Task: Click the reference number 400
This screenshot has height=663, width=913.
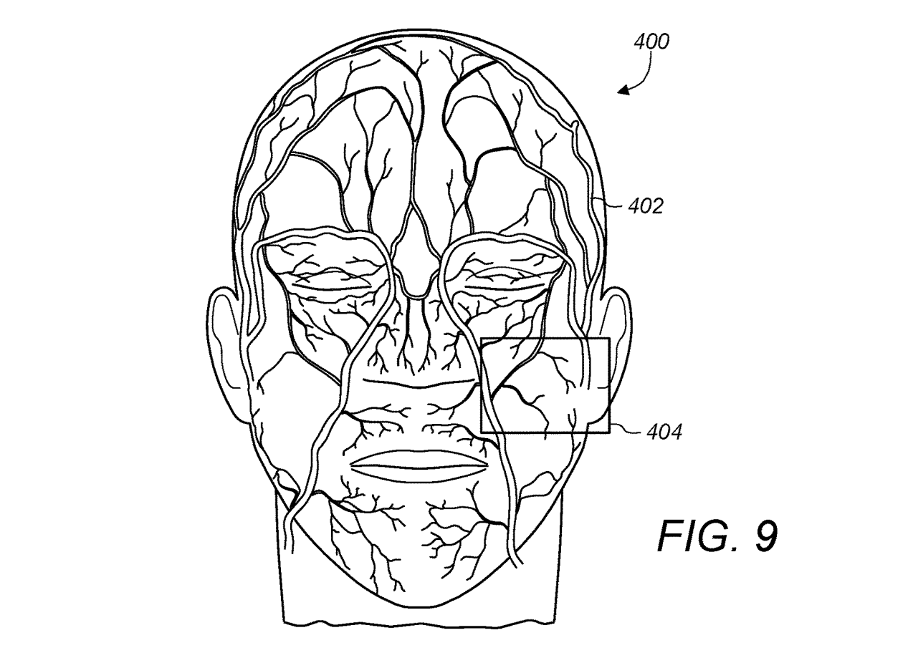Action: (x=651, y=42)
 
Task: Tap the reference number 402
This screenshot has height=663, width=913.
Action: (x=646, y=206)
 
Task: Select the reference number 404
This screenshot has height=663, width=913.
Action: (x=664, y=432)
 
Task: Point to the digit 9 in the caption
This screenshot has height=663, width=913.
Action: (x=765, y=536)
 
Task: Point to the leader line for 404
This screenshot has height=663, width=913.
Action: (x=626, y=430)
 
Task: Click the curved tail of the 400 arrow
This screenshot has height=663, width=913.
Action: (x=646, y=68)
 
